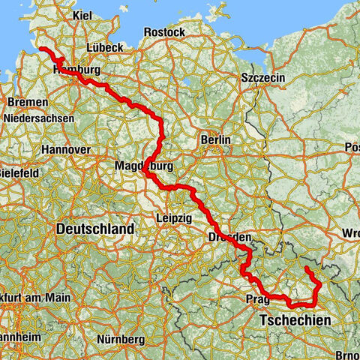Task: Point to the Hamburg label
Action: click(77, 70)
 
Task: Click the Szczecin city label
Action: click(261, 77)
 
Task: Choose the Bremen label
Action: click(28, 102)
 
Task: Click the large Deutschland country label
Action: click(95, 229)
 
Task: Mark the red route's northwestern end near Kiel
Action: click(41, 48)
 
